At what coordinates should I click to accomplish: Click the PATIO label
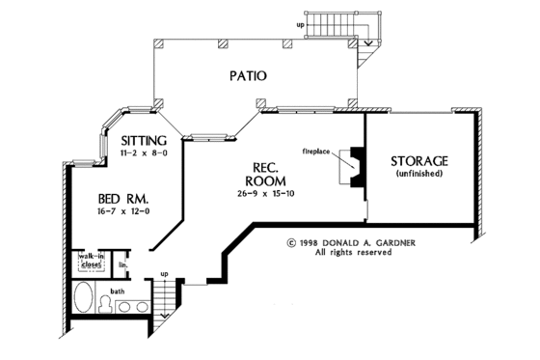coord(248,75)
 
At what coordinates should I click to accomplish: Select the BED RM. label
coord(120,197)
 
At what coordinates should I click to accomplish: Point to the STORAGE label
coord(418,160)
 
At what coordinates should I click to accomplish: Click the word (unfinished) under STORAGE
coord(418,174)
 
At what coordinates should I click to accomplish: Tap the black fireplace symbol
coord(356,170)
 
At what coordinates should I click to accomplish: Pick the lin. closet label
coord(122,263)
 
